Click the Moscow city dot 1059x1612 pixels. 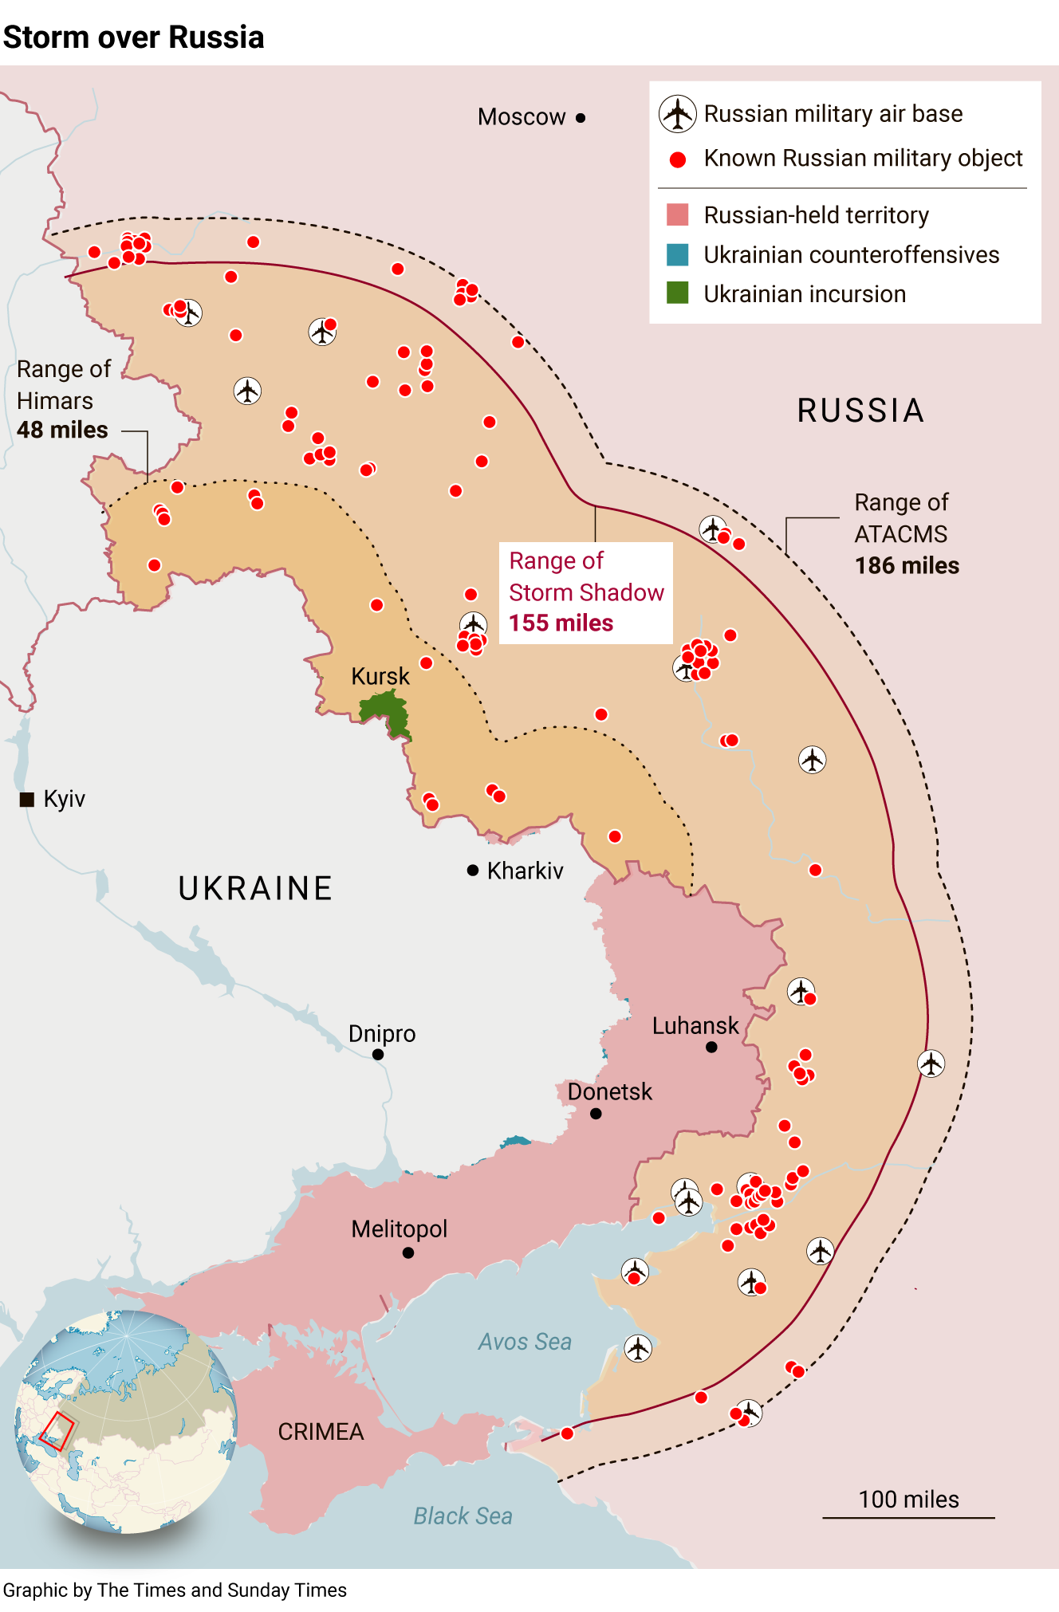point(581,118)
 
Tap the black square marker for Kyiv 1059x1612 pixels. point(27,800)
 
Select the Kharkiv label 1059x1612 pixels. point(525,871)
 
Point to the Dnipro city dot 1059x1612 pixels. point(378,1055)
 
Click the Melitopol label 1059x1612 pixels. point(399,1229)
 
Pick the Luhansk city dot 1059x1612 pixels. point(711,1048)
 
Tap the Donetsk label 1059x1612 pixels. point(609,1091)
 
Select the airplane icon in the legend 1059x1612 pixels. point(677,113)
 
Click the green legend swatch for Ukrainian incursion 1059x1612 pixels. point(677,293)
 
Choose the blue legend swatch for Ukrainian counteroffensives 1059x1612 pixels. point(677,254)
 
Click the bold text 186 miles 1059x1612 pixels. point(907,566)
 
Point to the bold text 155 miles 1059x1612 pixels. point(561,623)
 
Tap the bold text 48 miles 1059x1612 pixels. point(62,431)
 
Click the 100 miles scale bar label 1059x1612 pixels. point(908,1500)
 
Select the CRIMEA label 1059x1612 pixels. point(321,1432)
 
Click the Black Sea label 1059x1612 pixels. point(463,1516)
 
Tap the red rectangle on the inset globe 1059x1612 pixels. point(57,1431)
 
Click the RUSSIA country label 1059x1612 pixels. point(860,411)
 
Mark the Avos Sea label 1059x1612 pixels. point(525,1342)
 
